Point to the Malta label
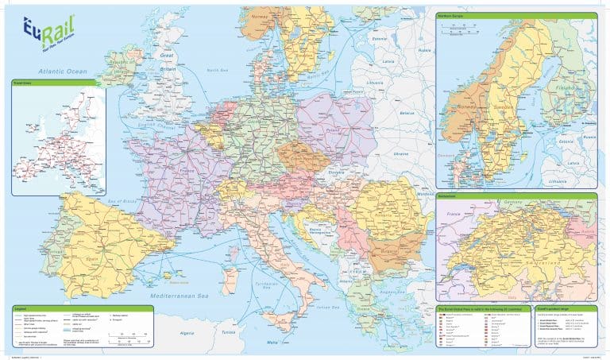click(272, 342)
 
